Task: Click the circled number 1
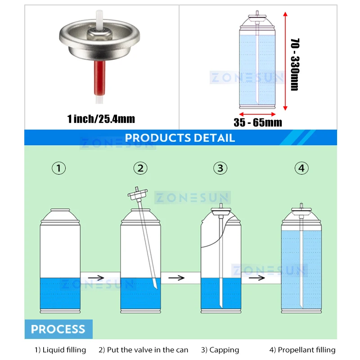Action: pos(58,168)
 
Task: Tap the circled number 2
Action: pos(140,168)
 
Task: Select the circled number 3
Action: pos(220,168)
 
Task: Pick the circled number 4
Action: pos(301,168)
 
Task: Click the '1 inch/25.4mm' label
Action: pos(101,119)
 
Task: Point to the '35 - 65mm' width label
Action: pos(258,122)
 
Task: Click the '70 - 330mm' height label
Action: pos(295,64)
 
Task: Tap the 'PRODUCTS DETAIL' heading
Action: pos(180,138)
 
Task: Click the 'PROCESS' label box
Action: pos(58,329)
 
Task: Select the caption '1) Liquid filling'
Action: pos(60,350)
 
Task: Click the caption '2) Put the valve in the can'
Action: pos(144,350)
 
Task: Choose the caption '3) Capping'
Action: pos(220,350)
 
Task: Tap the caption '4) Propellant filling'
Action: pos(302,350)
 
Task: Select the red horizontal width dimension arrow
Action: pos(256,113)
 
